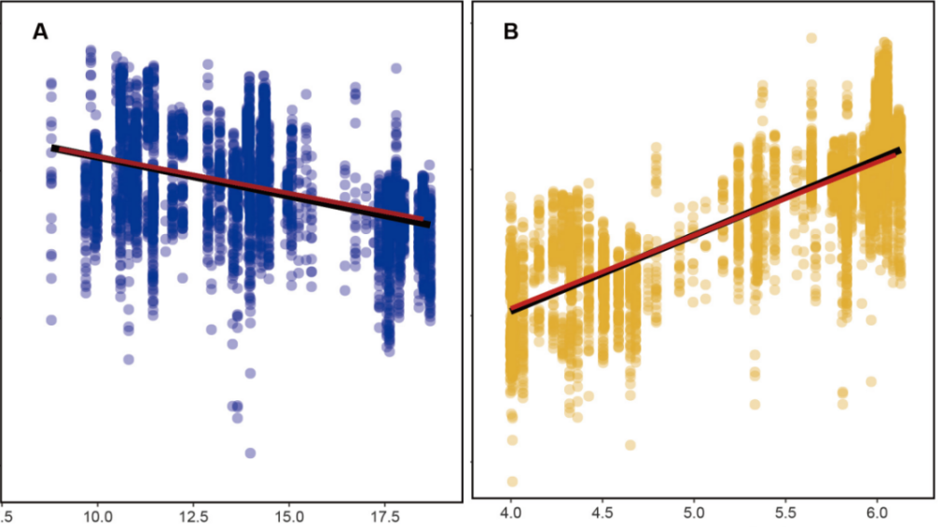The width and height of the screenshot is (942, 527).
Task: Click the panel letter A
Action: coord(40,32)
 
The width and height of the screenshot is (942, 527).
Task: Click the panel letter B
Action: coord(511,32)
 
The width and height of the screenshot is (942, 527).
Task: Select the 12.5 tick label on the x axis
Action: coord(193,515)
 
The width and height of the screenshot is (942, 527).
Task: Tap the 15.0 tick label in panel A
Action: coord(289,515)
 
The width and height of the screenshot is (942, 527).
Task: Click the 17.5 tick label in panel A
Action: coord(385,515)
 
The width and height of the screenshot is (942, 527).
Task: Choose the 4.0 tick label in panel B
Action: coord(510,515)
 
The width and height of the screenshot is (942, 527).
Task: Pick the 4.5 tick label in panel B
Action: coord(602,515)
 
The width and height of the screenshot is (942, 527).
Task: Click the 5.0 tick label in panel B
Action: coord(694,515)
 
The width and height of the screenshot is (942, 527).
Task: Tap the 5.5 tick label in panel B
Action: coord(785,515)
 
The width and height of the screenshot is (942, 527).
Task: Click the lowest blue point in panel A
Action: coord(250,452)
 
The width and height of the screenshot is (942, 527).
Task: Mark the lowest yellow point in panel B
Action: coord(512,481)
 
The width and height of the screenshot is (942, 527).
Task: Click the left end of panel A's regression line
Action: coord(54,148)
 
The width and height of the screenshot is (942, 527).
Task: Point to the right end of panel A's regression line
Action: coord(428,223)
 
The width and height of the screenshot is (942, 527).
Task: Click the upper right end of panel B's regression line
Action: coord(899,150)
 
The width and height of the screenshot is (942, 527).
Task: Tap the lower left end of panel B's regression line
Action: coord(511,310)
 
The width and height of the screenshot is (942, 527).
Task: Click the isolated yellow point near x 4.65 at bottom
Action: coord(630,445)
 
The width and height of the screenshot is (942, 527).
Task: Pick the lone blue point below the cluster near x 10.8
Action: coord(128,359)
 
